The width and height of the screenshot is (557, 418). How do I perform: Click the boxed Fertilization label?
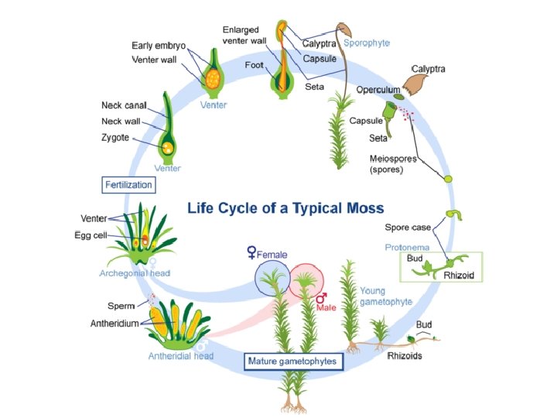point(128,185)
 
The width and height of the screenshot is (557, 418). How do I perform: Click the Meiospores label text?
point(393,159)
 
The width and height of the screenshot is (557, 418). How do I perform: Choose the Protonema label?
point(407,247)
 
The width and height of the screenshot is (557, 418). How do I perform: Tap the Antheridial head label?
point(181,356)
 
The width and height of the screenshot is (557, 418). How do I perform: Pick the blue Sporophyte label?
point(367,43)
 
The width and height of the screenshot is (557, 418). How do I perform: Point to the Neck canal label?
point(124,105)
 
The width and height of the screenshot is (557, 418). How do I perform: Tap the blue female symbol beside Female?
point(251,252)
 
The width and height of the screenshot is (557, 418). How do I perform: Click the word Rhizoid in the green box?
point(459,275)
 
